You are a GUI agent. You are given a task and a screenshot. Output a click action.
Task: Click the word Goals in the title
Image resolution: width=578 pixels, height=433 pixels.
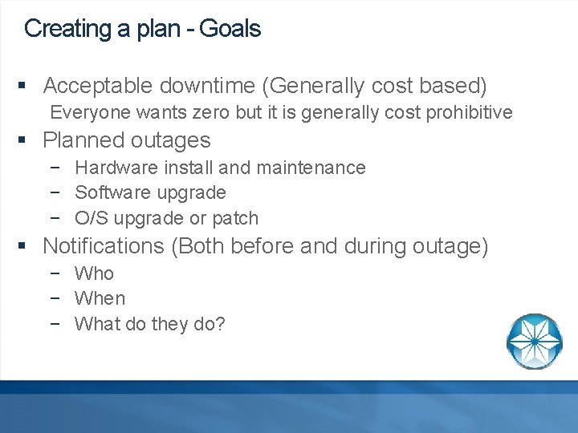tap(230, 29)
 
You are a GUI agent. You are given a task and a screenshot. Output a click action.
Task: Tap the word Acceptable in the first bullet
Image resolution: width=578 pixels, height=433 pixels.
tap(98, 85)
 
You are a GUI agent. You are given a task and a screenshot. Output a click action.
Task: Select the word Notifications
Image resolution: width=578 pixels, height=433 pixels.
tap(104, 246)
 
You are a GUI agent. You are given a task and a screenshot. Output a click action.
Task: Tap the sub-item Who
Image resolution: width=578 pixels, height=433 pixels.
tap(94, 273)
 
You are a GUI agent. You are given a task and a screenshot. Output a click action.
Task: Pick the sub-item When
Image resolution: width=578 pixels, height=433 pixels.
tap(100, 298)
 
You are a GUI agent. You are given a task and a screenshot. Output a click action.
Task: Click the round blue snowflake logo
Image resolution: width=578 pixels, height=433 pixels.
tap(534, 341)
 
